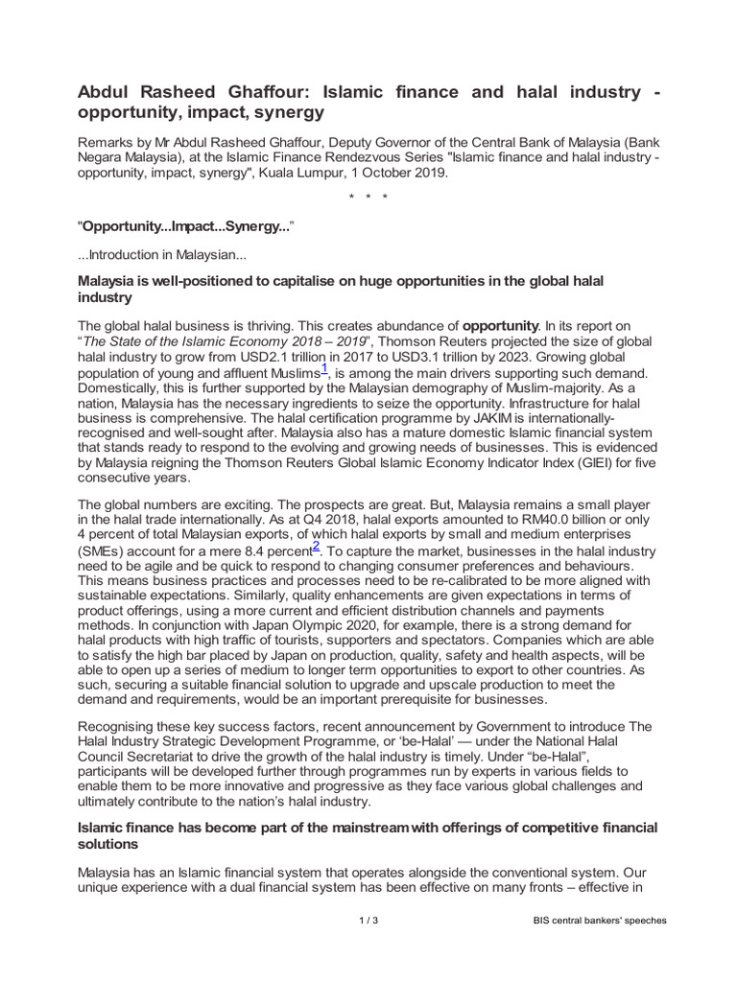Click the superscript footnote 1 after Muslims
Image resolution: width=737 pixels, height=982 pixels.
pyautogui.click(x=324, y=368)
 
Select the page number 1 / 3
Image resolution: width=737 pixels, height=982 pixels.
pyautogui.click(x=368, y=921)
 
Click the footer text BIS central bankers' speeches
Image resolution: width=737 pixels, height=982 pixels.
pyautogui.click(x=600, y=921)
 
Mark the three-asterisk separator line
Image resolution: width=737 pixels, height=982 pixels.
pyautogui.click(x=368, y=199)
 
